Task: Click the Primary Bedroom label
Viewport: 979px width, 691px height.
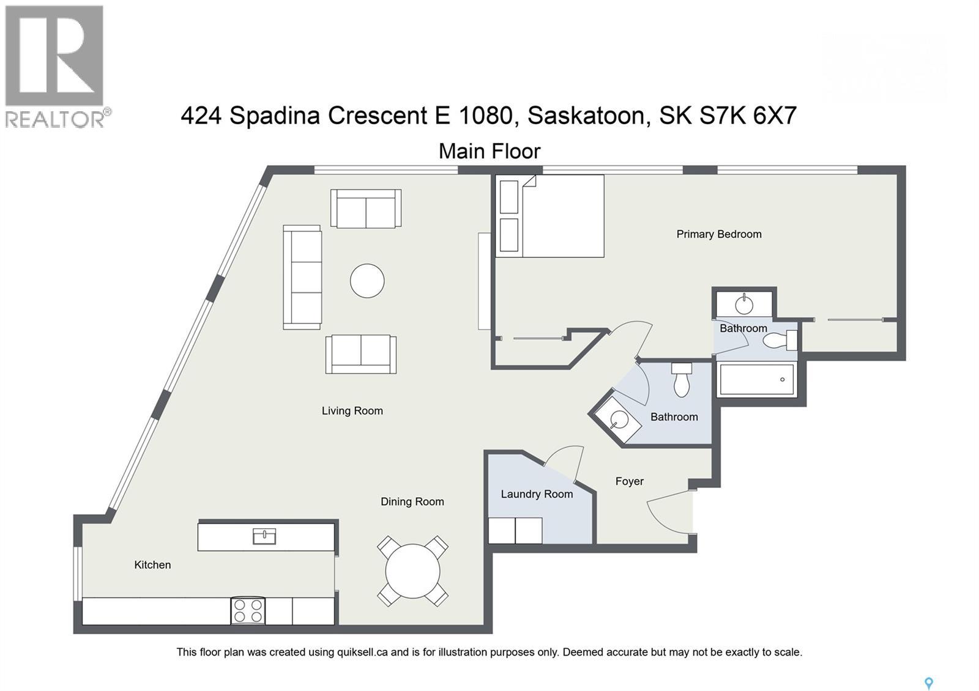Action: (x=718, y=234)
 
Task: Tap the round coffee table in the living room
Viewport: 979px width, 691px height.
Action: (x=367, y=281)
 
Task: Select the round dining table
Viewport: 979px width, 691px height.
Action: (x=412, y=571)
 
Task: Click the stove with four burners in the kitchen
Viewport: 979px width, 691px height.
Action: (x=248, y=610)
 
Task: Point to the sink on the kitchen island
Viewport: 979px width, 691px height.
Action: (x=264, y=537)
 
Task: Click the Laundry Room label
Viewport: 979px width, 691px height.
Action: (x=537, y=494)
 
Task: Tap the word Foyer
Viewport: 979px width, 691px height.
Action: (x=629, y=481)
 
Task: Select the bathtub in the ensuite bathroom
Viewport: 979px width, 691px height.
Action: (x=758, y=379)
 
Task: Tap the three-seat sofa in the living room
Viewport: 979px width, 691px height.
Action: (x=302, y=277)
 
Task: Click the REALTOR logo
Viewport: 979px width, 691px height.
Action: (x=56, y=66)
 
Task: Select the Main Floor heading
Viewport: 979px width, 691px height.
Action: (x=489, y=151)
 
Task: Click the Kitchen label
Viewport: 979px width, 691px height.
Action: (x=152, y=564)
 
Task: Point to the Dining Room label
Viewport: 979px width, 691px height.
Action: (x=412, y=501)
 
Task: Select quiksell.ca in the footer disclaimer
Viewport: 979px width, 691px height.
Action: (x=362, y=652)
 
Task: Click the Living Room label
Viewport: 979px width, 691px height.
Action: (x=352, y=411)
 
